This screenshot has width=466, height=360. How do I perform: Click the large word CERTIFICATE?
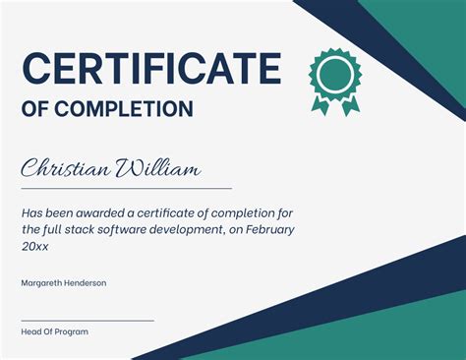[151, 70]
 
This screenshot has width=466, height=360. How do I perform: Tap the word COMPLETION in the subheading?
[138, 109]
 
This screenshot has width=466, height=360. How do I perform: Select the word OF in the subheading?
[35, 109]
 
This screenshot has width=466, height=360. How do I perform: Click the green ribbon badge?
[335, 79]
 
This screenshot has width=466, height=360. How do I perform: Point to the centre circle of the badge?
[335, 73]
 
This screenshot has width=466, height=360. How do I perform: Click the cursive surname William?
[158, 169]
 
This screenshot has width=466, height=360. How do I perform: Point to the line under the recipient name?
[126, 188]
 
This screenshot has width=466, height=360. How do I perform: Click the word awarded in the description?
[102, 212]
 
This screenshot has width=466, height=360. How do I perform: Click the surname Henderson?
[86, 283]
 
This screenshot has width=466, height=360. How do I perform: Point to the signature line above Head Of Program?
[87, 320]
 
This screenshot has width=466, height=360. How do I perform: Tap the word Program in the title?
[71, 332]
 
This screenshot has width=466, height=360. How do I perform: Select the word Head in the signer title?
[30, 332]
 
